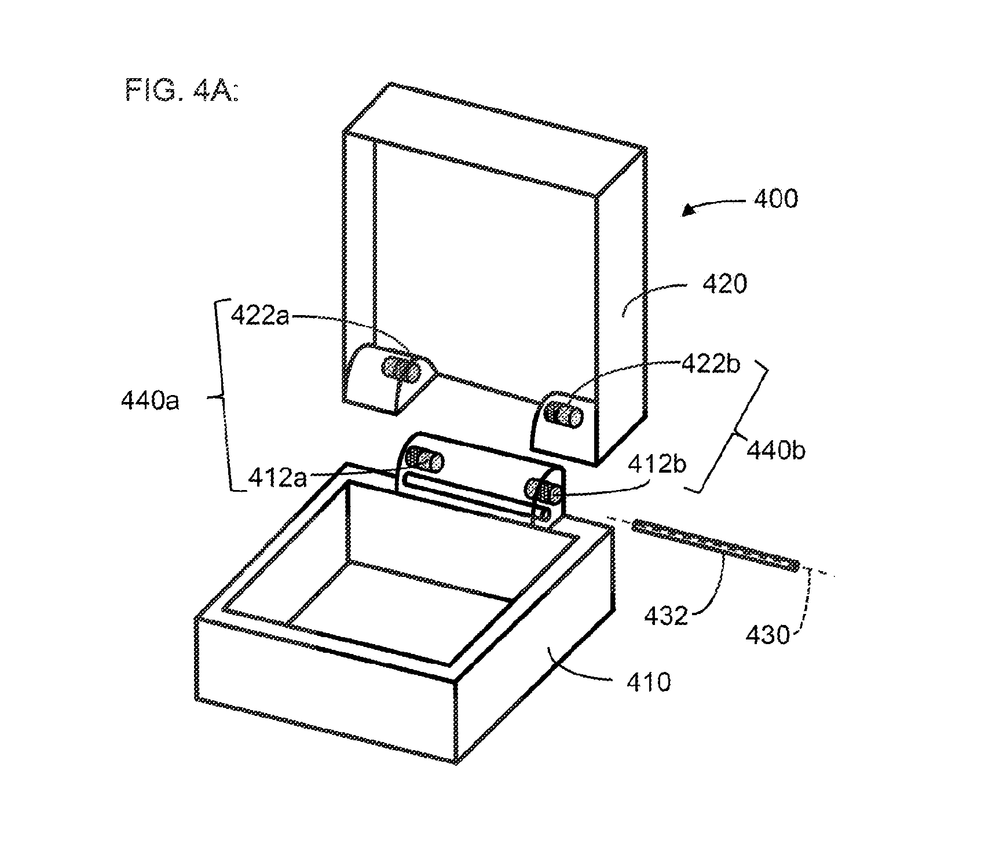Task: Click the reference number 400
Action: [775, 199]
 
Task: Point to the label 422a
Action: [259, 316]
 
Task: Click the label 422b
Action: [711, 364]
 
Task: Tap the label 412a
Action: [277, 478]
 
